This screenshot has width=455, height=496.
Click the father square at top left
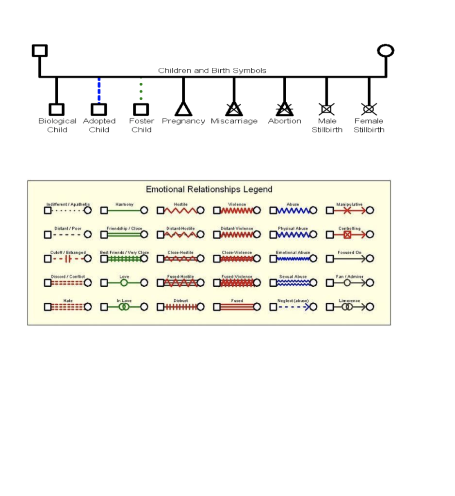click(x=40, y=50)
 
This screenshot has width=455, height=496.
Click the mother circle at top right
click(x=386, y=50)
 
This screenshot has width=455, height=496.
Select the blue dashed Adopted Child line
click(x=99, y=90)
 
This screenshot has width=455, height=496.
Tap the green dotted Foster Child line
click(x=141, y=90)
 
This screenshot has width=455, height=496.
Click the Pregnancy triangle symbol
click(x=183, y=109)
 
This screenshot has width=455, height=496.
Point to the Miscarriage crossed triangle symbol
click(x=234, y=109)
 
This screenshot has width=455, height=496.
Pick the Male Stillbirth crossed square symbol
click(x=326, y=109)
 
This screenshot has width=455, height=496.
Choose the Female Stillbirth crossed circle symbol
click(x=369, y=109)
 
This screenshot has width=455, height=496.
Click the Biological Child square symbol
click(x=57, y=109)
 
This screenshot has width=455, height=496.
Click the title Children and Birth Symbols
click(x=212, y=71)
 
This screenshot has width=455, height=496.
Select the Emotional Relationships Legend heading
click(x=209, y=189)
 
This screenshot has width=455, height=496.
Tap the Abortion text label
click(x=285, y=121)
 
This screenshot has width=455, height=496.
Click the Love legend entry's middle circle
click(x=124, y=283)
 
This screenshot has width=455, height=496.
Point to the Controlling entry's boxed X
click(x=347, y=235)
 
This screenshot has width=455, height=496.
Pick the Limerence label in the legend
click(x=349, y=301)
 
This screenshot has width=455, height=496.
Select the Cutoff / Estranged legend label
click(x=68, y=252)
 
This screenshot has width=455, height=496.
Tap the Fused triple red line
click(x=237, y=307)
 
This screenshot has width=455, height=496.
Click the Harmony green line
click(x=124, y=211)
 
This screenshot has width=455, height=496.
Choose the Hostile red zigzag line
click(x=180, y=211)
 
